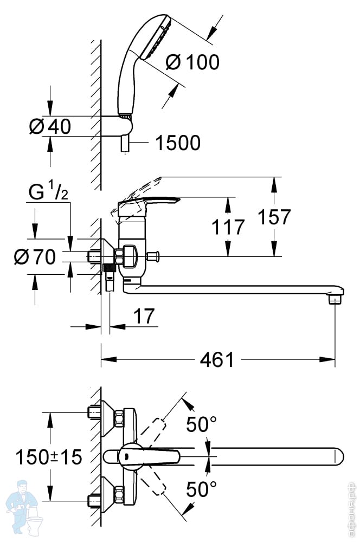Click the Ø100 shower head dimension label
coord(192,62)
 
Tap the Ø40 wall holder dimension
coord(50,126)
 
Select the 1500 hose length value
coord(178,143)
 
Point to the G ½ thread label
coord(48,191)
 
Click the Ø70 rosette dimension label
coord(35,257)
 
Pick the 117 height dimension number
coord(228,227)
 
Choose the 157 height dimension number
coord(274,217)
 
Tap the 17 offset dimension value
coord(144,317)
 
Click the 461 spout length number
coord(217,360)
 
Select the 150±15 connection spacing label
coord(49,457)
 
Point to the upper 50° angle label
coord(202,424)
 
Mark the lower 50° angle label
coord(202,489)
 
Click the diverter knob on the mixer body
coord(152,256)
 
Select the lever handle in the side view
coord(149,203)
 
